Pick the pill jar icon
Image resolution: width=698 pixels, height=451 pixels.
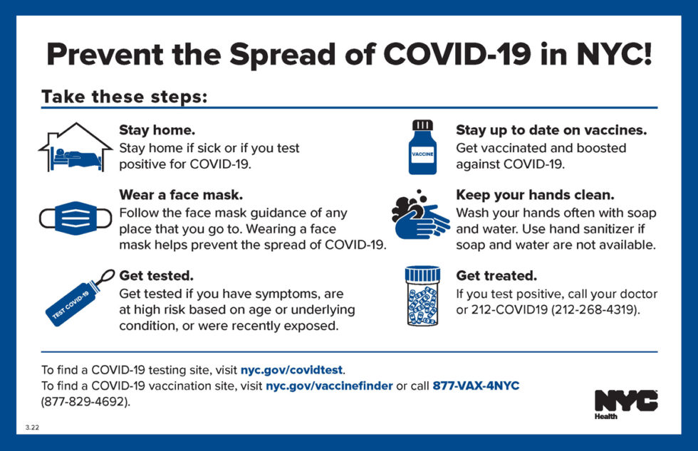(x=422, y=295)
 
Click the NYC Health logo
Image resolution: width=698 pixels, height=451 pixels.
(x=625, y=404)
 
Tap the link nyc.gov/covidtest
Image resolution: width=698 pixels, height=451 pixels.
(x=292, y=370)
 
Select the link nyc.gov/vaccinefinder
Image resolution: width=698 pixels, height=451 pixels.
(x=329, y=386)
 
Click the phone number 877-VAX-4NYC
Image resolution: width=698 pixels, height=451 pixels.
(x=476, y=386)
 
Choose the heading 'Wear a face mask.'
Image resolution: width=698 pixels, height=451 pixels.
(x=181, y=194)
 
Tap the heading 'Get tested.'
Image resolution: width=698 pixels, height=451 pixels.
(x=156, y=275)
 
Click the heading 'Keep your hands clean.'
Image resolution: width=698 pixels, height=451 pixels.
(x=535, y=194)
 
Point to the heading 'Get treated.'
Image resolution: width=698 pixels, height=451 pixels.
(x=496, y=275)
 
